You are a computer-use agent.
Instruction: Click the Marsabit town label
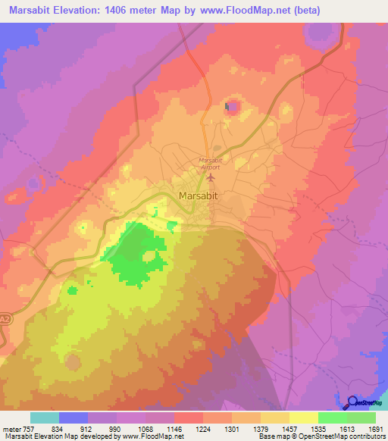(200, 195)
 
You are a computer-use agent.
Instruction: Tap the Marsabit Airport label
(209, 163)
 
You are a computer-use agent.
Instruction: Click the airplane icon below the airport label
(211, 177)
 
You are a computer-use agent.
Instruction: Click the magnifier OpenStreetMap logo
(353, 402)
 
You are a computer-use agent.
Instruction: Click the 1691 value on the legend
(374, 429)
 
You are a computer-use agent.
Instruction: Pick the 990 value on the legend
(114, 429)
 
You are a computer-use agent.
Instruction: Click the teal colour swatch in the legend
(44, 418)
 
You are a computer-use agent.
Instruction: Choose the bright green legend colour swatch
(332, 418)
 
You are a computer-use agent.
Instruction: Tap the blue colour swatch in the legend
(73, 418)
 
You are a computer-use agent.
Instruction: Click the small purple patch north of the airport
(233, 106)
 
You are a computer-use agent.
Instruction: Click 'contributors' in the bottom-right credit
(366, 436)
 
